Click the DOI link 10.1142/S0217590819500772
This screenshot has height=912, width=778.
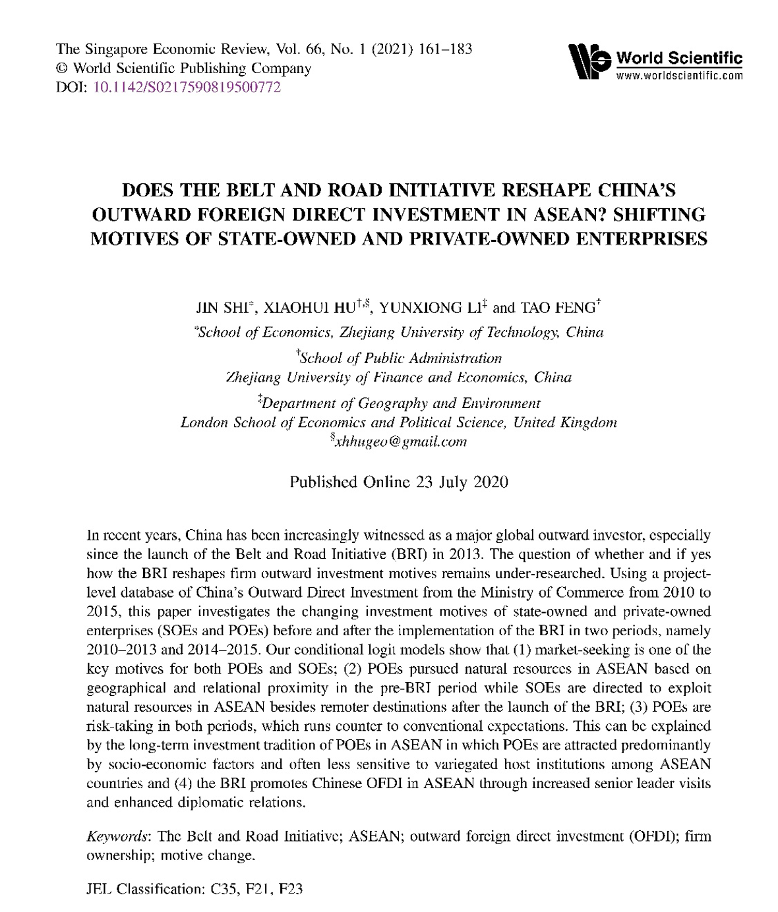(x=188, y=87)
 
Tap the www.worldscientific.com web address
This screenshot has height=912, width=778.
(x=679, y=75)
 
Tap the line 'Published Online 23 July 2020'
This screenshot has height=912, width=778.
(x=399, y=482)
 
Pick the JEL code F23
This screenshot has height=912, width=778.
(x=290, y=889)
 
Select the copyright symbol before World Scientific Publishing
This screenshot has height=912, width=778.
(x=64, y=69)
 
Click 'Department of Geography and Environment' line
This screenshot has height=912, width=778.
(x=401, y=403)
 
